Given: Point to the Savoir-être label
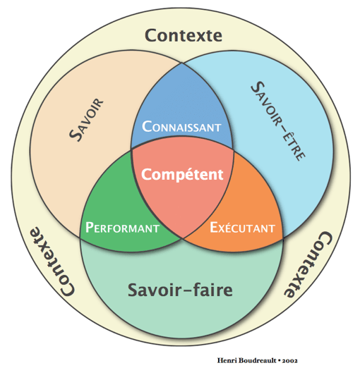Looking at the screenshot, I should [277, 122].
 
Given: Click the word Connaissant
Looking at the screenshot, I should [182, 127].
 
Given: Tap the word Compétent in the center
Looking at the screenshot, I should [182, 174].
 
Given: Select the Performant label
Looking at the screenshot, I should [121, 228].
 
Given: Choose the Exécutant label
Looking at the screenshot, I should [242, 228].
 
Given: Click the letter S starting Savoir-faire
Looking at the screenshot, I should [132, 289].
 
